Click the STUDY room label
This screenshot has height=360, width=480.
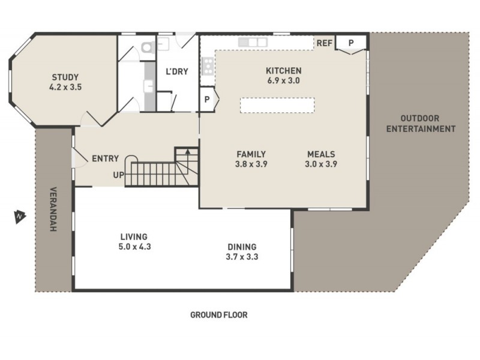tap(66, 77)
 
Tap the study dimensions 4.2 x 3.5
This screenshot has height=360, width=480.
tap(66, 87)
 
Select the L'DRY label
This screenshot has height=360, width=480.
tap(177, 71)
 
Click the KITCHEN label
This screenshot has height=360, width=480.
tap(283, 71)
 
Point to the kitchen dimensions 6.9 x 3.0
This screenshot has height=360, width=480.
tap(283, 80)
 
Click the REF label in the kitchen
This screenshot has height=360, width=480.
tap(325, 43)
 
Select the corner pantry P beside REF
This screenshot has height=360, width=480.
tap(350, 43)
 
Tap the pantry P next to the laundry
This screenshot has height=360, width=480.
tap(207, 100)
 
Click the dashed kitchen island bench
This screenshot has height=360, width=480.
tap(277, 105)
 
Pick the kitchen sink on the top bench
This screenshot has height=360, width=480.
tap(251, 42)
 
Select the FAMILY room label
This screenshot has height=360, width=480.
tap(251, 154)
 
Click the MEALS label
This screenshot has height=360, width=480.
tap(321, 154)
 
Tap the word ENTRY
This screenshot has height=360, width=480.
tap(105, 159)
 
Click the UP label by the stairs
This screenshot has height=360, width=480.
tap(119, 175)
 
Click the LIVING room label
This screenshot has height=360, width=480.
tap(133, 236)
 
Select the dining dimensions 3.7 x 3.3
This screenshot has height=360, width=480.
tap(242, 257)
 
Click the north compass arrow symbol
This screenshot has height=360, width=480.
tap(19, 215)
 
